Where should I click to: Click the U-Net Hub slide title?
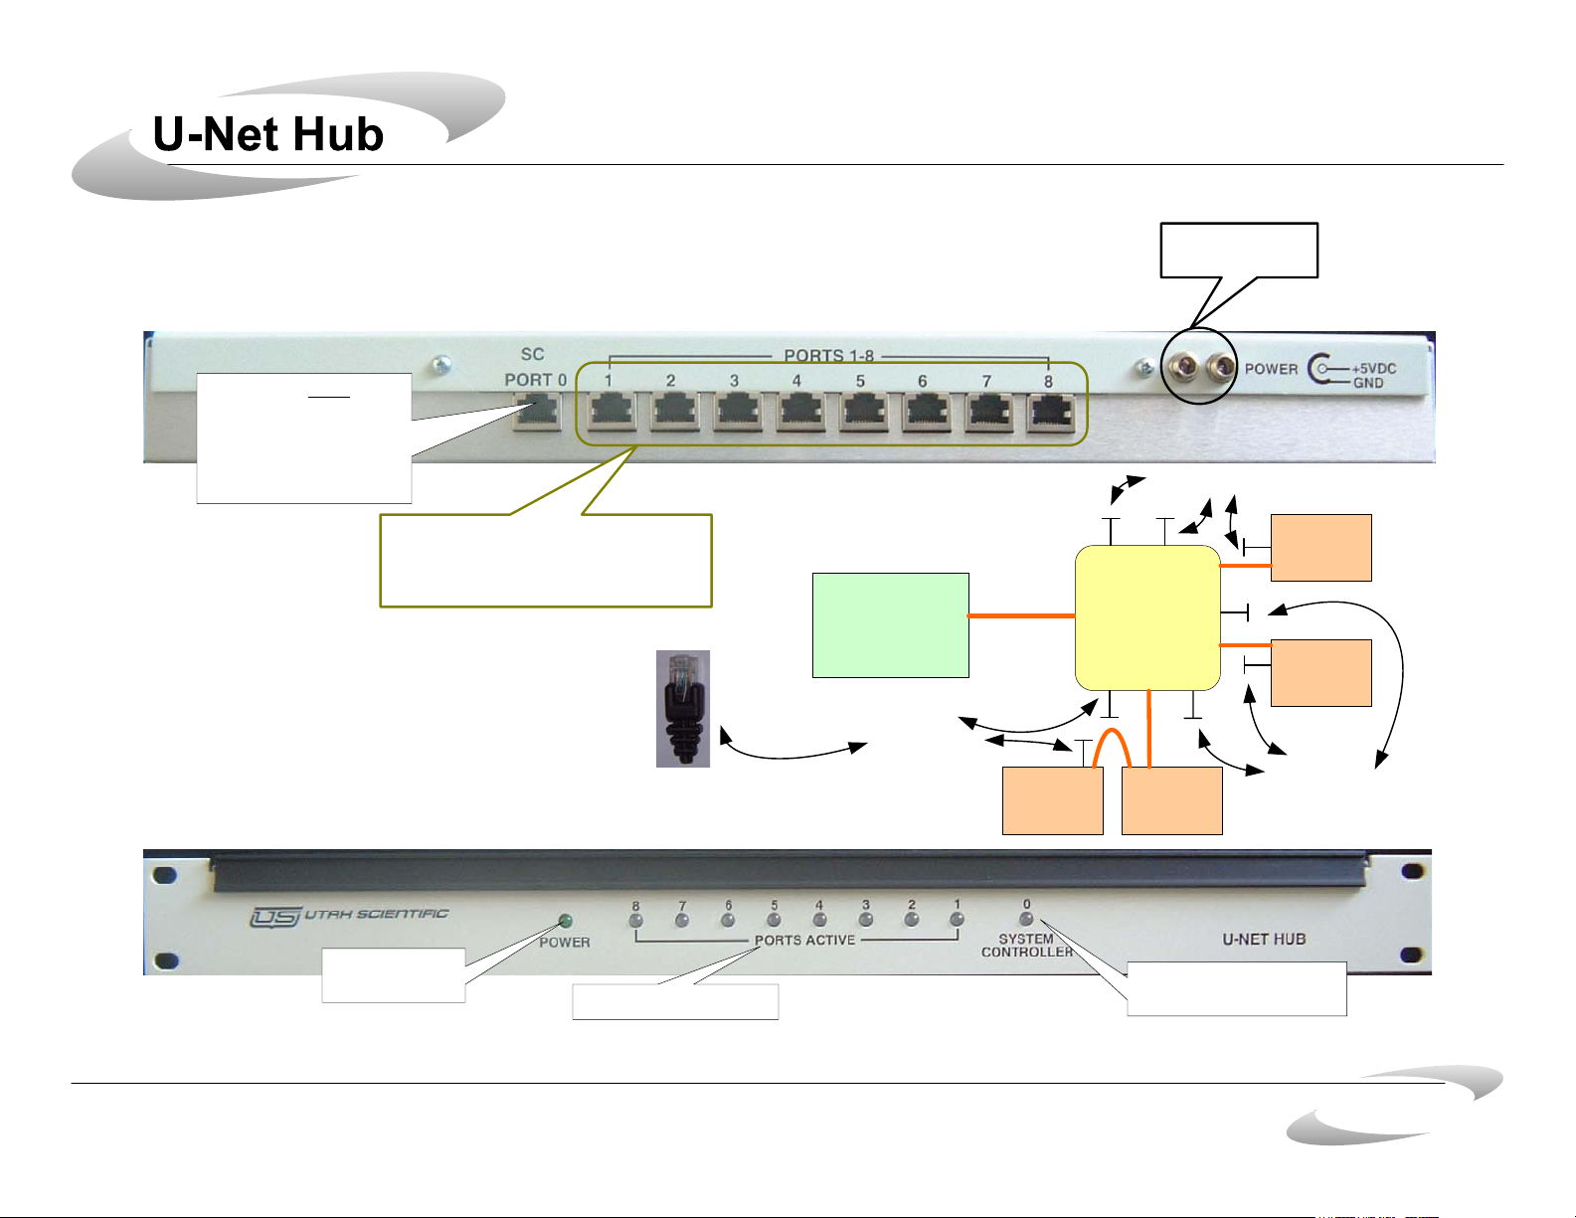[268, 134]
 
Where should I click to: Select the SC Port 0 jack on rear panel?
[536, 412]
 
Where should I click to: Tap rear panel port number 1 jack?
[612, 412]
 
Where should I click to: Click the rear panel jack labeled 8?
[1051, 412]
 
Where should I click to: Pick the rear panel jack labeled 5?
[862, 412]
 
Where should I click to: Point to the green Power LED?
[567, 922]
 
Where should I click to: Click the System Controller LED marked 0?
[1027, 919]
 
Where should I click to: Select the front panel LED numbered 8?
[636, 920]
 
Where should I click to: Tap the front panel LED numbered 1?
[957, 920]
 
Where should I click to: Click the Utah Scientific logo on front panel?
[349, 916]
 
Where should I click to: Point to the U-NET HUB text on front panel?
[1264, 939]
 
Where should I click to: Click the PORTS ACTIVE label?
[804, 940]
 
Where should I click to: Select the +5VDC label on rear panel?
[1374, 368]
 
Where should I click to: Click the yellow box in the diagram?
[1147, 617]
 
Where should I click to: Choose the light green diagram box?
[890, 625]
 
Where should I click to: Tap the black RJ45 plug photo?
[683, 708]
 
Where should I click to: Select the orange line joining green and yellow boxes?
[1022, 616]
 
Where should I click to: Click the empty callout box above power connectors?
[1239, 250]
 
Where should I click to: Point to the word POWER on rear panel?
[1272, 369]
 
